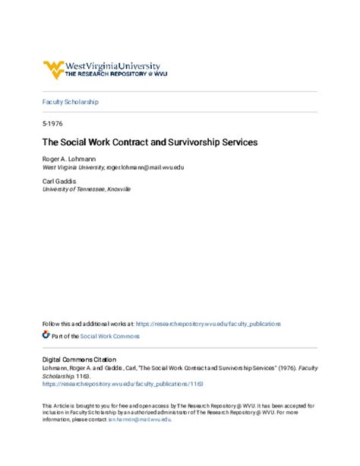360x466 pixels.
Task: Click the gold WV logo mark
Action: [x=54, y=70]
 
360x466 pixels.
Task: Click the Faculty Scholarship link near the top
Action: [x=70, y=101]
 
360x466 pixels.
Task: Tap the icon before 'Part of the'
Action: [x=46, y=334]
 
